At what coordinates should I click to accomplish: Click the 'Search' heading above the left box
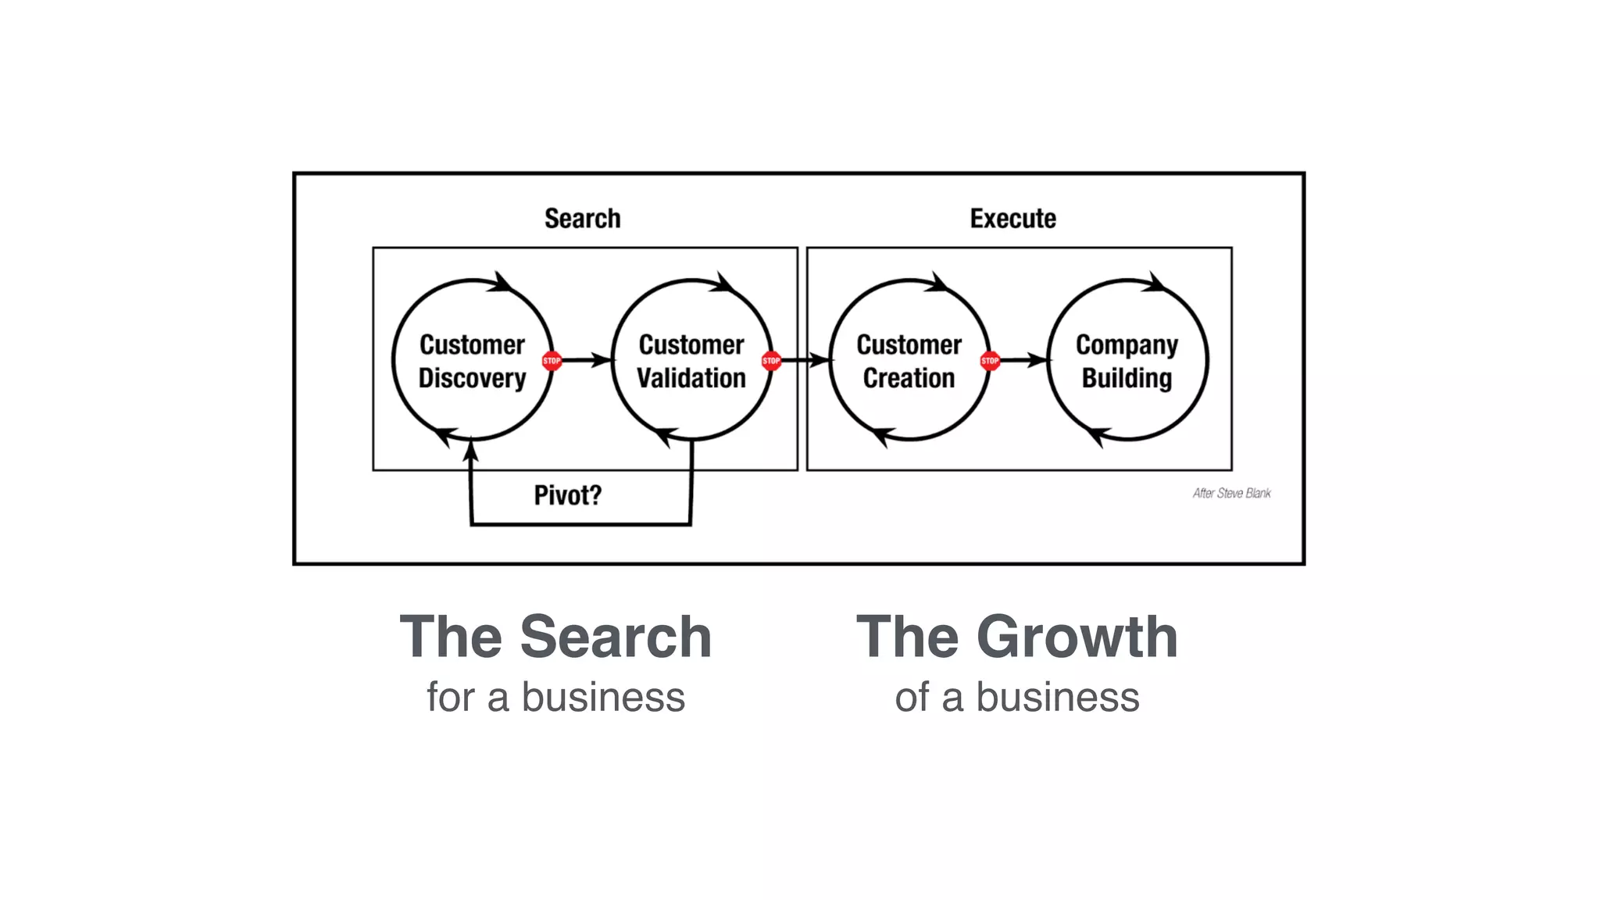click(x=582, y=219)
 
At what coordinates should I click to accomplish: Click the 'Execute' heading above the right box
click(x=1012, y=219)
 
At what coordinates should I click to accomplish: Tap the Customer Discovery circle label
click(x=472, y=361)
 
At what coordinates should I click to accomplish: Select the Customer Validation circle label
click(x=691, y=361)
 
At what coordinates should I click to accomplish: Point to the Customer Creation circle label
click(x=909, y=361)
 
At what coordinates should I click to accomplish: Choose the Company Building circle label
click(x=1127, y=361)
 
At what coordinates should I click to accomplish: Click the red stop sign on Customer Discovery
click(x=552, y=361)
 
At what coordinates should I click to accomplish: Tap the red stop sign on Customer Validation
click(x=771, y=361)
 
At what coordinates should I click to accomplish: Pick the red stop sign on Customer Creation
click(x=989, y=361)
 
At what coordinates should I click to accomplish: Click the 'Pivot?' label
click(x=568, y=495)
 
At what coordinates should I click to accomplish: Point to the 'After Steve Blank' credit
click(x=1231, y=493)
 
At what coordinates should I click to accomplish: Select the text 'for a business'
click(x=555, y=697)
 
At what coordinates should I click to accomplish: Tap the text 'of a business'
click(x=1016, y=697)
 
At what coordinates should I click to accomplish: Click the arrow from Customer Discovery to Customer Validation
click(x=586, y=360)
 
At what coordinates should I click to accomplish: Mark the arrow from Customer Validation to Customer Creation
click(x=805, y=360)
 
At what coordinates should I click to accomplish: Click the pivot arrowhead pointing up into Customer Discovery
click(x=470, y=452)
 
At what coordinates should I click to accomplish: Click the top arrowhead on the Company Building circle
click(x=1155, y=283)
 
